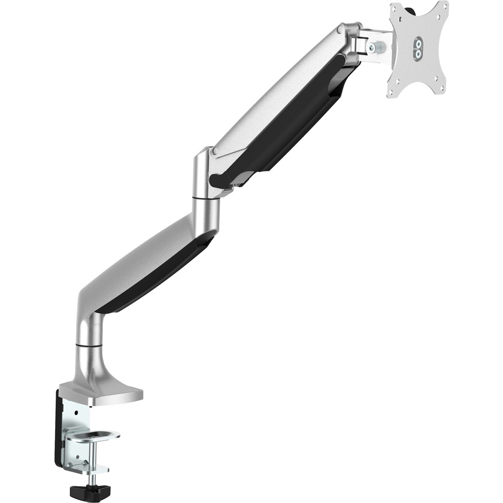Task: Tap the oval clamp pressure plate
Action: (x=93, y=435)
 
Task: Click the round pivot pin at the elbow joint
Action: (x=206, y=153)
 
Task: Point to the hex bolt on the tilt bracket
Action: (x=372, y=47)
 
